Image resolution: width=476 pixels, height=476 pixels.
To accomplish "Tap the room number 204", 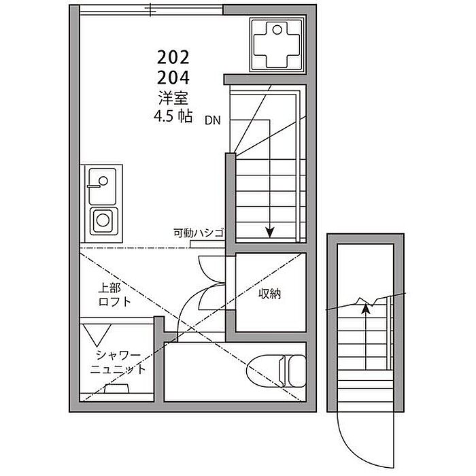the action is [173, 77].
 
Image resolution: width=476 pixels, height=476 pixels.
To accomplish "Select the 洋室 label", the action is [173, 97].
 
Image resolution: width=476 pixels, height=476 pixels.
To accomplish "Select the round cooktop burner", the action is [103, 220].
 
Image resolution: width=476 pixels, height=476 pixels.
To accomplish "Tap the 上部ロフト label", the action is [114, 294].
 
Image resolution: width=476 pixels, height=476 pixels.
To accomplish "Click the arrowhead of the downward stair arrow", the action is [269, 233].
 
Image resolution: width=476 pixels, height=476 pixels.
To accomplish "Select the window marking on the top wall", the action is [149, 10].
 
